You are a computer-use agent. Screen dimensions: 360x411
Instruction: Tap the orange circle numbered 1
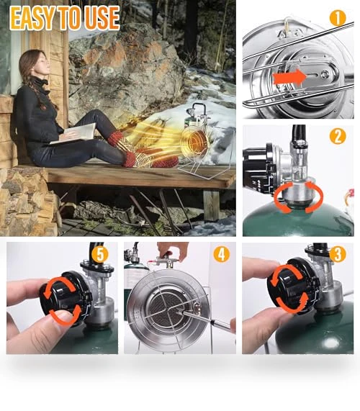338,18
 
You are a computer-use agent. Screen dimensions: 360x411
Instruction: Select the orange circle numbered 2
338,136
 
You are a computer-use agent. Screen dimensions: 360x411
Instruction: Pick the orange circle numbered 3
338,253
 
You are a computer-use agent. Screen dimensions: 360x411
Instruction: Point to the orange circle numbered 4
221,254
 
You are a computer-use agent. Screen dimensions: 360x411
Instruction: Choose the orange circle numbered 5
100,254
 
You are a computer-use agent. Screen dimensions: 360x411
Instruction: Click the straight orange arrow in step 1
289,78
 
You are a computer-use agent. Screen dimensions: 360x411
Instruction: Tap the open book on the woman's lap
75,134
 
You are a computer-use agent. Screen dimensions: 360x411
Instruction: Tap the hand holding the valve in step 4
173,250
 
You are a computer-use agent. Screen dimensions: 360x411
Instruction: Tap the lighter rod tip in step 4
181,312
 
